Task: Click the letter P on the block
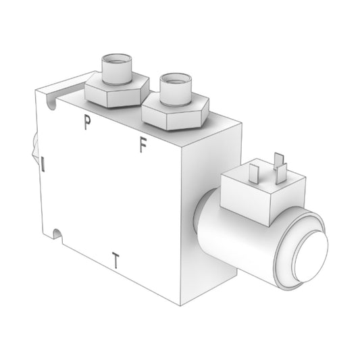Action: coord(86,122)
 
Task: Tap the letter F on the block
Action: coord(143,145)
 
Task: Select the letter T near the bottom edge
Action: coord(116,260)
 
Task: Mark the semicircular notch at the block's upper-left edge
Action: coord(48,102)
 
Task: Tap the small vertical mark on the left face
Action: coord(43,163)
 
